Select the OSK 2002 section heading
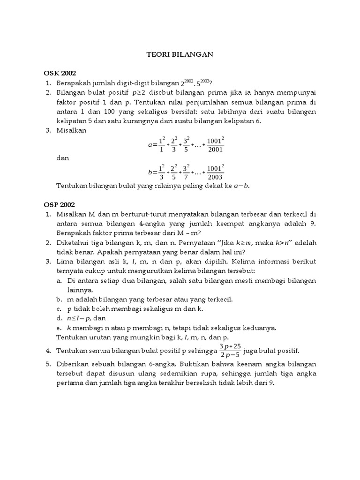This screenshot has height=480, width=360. click(x=60, y=74)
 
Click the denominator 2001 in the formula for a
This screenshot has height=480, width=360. click(x=216, y=150)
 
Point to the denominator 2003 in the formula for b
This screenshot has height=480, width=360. click(x=216, y=177)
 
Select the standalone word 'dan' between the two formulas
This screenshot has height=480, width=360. click(x=62, y=158)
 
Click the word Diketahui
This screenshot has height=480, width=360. click(x=73, y=242)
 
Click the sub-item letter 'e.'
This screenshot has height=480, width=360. click(x=59, y=327)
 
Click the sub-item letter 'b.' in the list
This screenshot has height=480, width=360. click(x=59, y=299)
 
